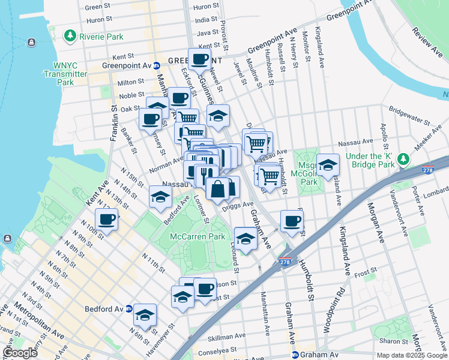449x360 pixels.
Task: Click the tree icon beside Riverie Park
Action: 71,37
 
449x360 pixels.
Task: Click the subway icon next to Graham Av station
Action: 295,355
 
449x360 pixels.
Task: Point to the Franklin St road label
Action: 113,123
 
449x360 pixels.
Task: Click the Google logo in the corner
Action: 20,353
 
